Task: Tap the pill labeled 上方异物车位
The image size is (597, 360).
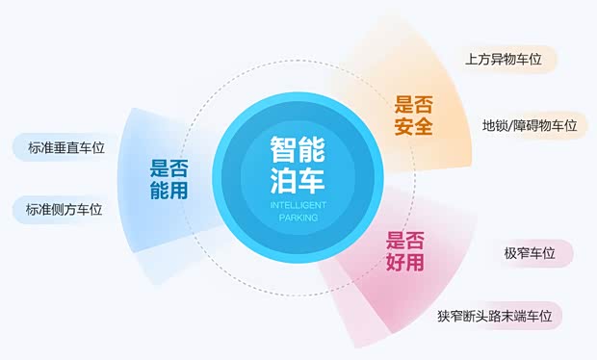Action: [x=503, y=60]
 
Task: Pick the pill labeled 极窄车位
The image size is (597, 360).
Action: [x=530, y=253]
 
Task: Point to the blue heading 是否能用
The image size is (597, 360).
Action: [x=169, y=179]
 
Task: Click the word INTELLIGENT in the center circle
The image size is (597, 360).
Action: [x=298, y=205]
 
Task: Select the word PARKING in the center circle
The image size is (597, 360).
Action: [x=298, y=218]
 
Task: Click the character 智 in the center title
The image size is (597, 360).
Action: [x=284, y=149]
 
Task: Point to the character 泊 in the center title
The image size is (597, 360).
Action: [x=284, y=180]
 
